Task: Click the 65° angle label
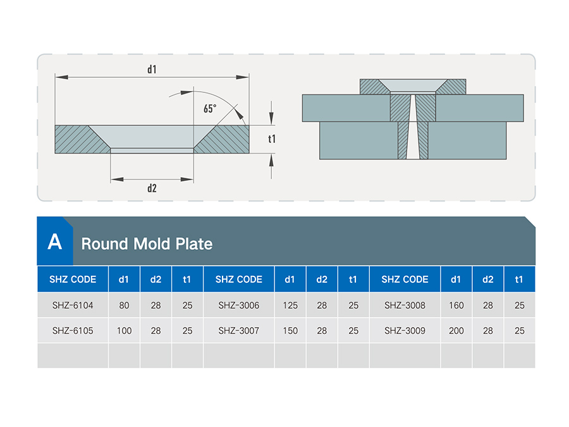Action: point(210,108)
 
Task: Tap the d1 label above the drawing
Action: point(152,69)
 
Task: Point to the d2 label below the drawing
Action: point(152,188)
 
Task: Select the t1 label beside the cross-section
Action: point(272,139)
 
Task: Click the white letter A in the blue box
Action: point(55,242)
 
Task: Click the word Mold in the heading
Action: point(152,244)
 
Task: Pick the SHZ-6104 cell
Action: point(73,306)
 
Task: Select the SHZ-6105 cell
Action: point(73,330)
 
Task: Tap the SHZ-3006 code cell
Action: point(239,306)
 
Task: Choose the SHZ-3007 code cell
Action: point(239,330)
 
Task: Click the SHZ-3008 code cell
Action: point(405,306)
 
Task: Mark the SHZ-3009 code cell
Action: point(405,330)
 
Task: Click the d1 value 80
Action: point(124,306)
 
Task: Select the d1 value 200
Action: point(456,330)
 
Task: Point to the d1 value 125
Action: point(290,306)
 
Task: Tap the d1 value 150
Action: point(290,330)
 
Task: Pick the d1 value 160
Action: point(456,306)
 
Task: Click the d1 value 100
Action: point(124,330)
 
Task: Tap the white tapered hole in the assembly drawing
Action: point(413,127)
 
